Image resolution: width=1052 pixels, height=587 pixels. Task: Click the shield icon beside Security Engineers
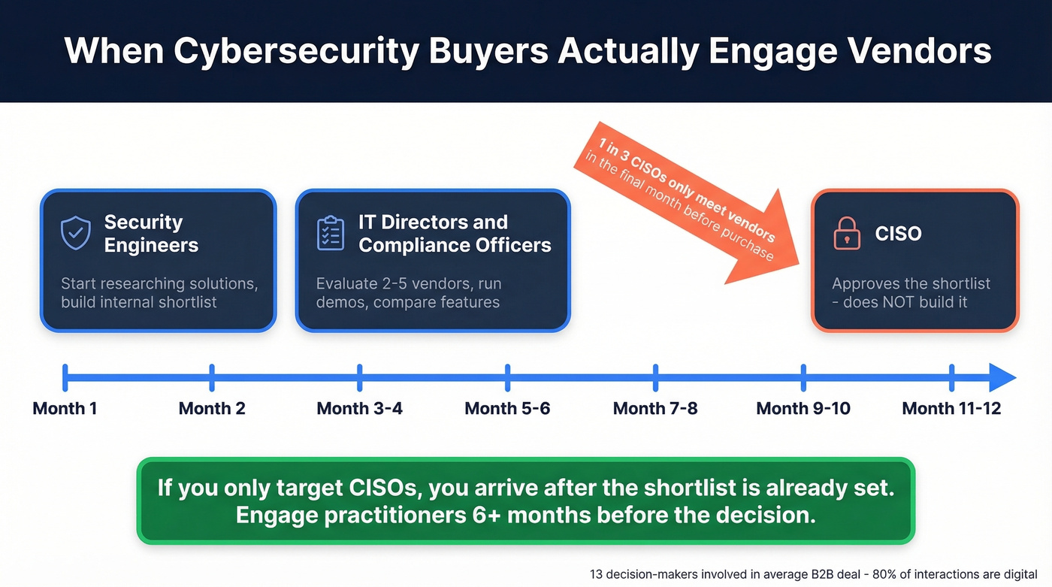point(76,233)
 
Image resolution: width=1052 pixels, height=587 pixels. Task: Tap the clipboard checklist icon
point(331,233)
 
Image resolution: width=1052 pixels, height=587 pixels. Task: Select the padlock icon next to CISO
point(847,234)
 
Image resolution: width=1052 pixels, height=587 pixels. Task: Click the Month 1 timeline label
point(65,409)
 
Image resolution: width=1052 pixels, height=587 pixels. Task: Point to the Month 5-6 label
point(507,409)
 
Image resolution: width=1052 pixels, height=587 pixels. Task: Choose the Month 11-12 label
point(951,409)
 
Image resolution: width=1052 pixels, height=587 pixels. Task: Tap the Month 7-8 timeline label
point(655,409)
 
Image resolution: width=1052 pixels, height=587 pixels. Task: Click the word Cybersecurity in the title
point(296,51)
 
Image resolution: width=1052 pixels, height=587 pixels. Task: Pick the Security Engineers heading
point(151,234)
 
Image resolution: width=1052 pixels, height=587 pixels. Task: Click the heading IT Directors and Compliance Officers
point(455,234)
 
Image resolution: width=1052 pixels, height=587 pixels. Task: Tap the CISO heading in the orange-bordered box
point(898,234)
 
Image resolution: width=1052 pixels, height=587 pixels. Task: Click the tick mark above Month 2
point(212,377)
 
